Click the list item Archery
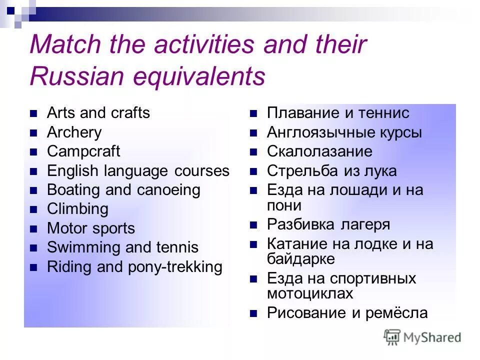coord(74,132)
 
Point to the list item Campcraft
coord(83,151)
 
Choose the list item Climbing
coord(77,209)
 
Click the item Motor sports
coord(91,228)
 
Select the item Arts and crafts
coord(98,113)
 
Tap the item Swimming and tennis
coord(122,247)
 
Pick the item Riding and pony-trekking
coord(134,267)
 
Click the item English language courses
coord(138,171)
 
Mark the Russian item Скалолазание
coord(319,151)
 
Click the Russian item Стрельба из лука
coord(331,171)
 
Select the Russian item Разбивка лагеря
coord(328,224)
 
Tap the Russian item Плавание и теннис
coord(338,113)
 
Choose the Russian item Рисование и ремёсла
coord(347,313)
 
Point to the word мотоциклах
coord(310,293)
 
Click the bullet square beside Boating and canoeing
coord(34,190)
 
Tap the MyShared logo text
coord(432,337)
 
